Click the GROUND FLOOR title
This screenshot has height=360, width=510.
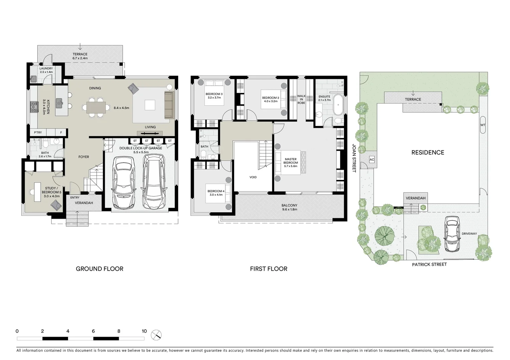[x=99, y=269]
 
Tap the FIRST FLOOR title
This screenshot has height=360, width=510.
[x=269, y=269]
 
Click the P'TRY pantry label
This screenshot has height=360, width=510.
[x=38, y=132]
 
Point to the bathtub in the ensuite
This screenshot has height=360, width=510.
[x=338, y=105]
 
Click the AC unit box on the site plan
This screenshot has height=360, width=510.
[x=372, y=160]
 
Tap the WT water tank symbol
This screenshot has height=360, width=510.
[x=483, y=125]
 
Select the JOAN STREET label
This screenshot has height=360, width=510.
[x=354, y=158]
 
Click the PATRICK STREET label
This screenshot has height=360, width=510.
[x=429, y=264]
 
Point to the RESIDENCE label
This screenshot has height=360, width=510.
[x=428, y=152]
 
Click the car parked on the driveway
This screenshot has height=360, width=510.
[x=452, y=234]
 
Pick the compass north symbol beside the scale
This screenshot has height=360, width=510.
[x=156, y=335]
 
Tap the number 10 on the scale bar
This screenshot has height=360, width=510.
[x=144, y=331]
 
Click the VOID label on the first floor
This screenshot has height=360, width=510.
[x=253, y=177]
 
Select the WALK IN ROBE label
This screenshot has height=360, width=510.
[x=301, y=99]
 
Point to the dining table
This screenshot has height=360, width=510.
[x=96, y=107]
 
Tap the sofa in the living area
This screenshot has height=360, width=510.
[x=169, y=105]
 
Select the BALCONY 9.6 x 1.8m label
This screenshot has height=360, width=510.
[x=289, y=207]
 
